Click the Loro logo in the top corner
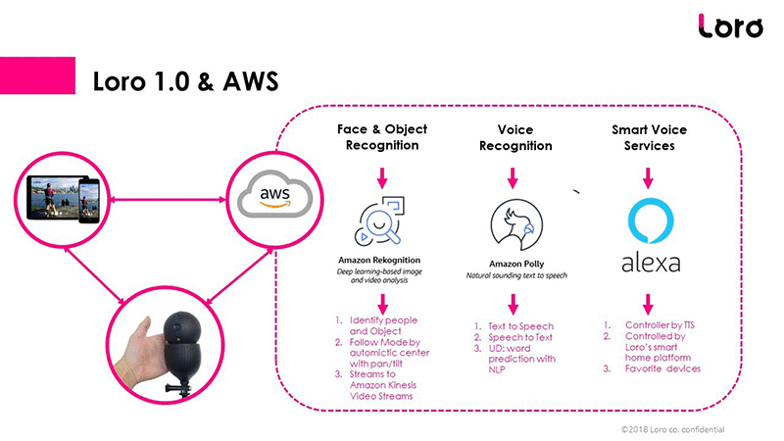pyautogui.click(x=730, y=26)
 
